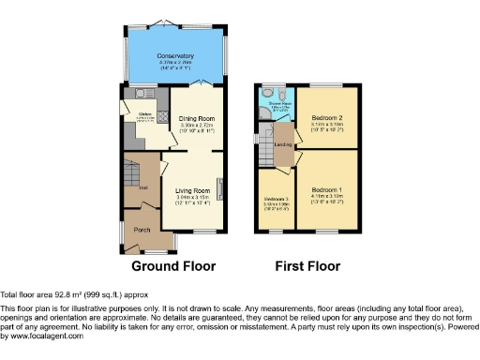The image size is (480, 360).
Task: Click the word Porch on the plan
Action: pos(142,230)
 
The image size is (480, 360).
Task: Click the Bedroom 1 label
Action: pos(327,189)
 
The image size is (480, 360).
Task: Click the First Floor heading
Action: pos(307,266)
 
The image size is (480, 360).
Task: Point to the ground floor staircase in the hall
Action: pos(131,175)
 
